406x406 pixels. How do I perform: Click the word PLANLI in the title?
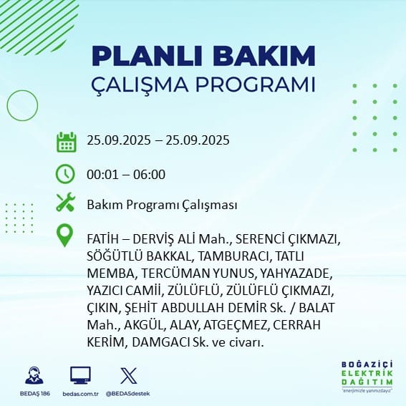147,56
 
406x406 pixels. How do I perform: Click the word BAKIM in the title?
264,56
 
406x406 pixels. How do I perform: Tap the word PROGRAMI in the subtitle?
256,84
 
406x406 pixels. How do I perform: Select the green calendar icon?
67,142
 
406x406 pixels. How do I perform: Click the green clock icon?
65,174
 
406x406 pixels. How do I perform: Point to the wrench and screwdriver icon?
66,202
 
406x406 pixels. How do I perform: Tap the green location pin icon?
64,235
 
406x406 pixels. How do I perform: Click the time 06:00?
149,175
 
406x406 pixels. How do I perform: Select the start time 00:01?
102,175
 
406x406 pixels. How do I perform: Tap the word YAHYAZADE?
296,274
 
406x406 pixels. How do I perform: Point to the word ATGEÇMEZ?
235,325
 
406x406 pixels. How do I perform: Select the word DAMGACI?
161,342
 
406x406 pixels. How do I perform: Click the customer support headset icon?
34,375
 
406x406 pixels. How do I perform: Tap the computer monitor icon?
80,375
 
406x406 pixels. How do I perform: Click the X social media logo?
129,375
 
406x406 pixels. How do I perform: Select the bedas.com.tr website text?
80,394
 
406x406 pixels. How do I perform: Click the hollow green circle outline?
7,105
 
